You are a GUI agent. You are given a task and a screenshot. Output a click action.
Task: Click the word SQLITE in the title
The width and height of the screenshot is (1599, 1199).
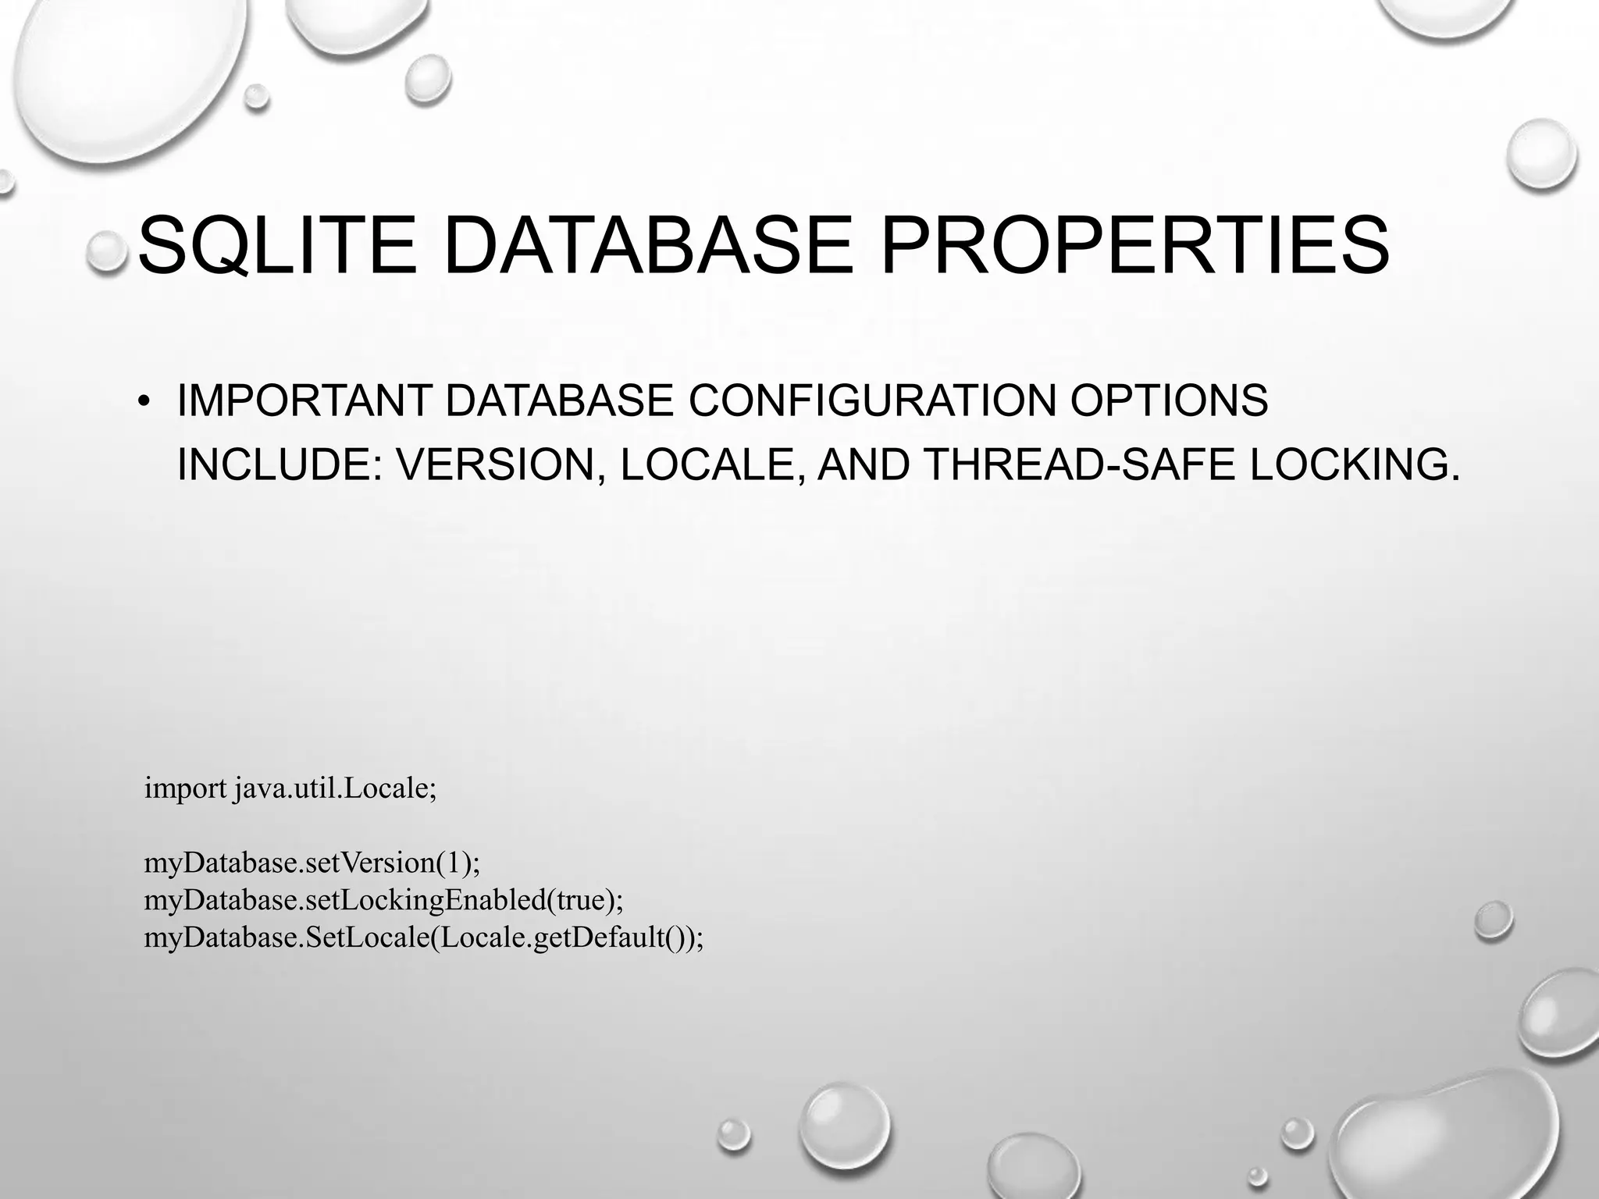click(277, 246)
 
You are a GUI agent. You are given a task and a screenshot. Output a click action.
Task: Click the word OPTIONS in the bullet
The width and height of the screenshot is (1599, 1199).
click(1169, 401)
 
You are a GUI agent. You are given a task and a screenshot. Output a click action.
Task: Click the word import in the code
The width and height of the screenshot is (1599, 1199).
click(185, 789)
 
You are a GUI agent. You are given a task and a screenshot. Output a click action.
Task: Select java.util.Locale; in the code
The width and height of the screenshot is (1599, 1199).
click(335, 788)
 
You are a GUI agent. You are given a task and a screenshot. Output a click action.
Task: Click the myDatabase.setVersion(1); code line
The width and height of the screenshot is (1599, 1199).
click(312, 863)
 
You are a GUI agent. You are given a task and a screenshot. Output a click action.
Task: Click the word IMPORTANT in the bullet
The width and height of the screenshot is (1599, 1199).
click(304, 401)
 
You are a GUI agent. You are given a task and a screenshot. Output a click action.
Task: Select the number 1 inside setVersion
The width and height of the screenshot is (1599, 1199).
click(453, 863)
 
